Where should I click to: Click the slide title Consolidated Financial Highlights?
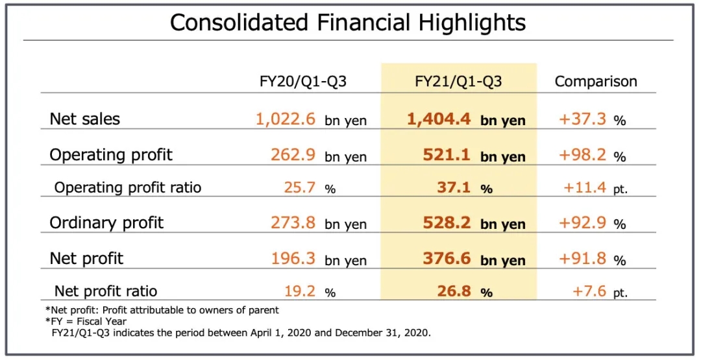[347, 23]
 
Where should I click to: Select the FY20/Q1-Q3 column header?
[303, 82]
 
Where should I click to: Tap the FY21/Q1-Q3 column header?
[458, 82]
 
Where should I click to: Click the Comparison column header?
[596, 82]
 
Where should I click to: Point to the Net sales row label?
[84, 119]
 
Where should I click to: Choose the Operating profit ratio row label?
[128, 187]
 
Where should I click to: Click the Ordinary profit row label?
[106, 223]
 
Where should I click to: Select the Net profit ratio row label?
[106, 291]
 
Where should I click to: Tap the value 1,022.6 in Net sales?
[286, 119]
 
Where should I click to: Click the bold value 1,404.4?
[439, 119]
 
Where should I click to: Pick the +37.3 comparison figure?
[583, 119]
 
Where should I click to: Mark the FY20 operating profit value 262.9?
[293, 155]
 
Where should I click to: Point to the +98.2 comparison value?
[583, 155]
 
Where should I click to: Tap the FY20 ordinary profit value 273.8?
[293, 223]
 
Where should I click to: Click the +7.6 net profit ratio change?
[589, 291]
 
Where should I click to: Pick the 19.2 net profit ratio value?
[300, 291]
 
